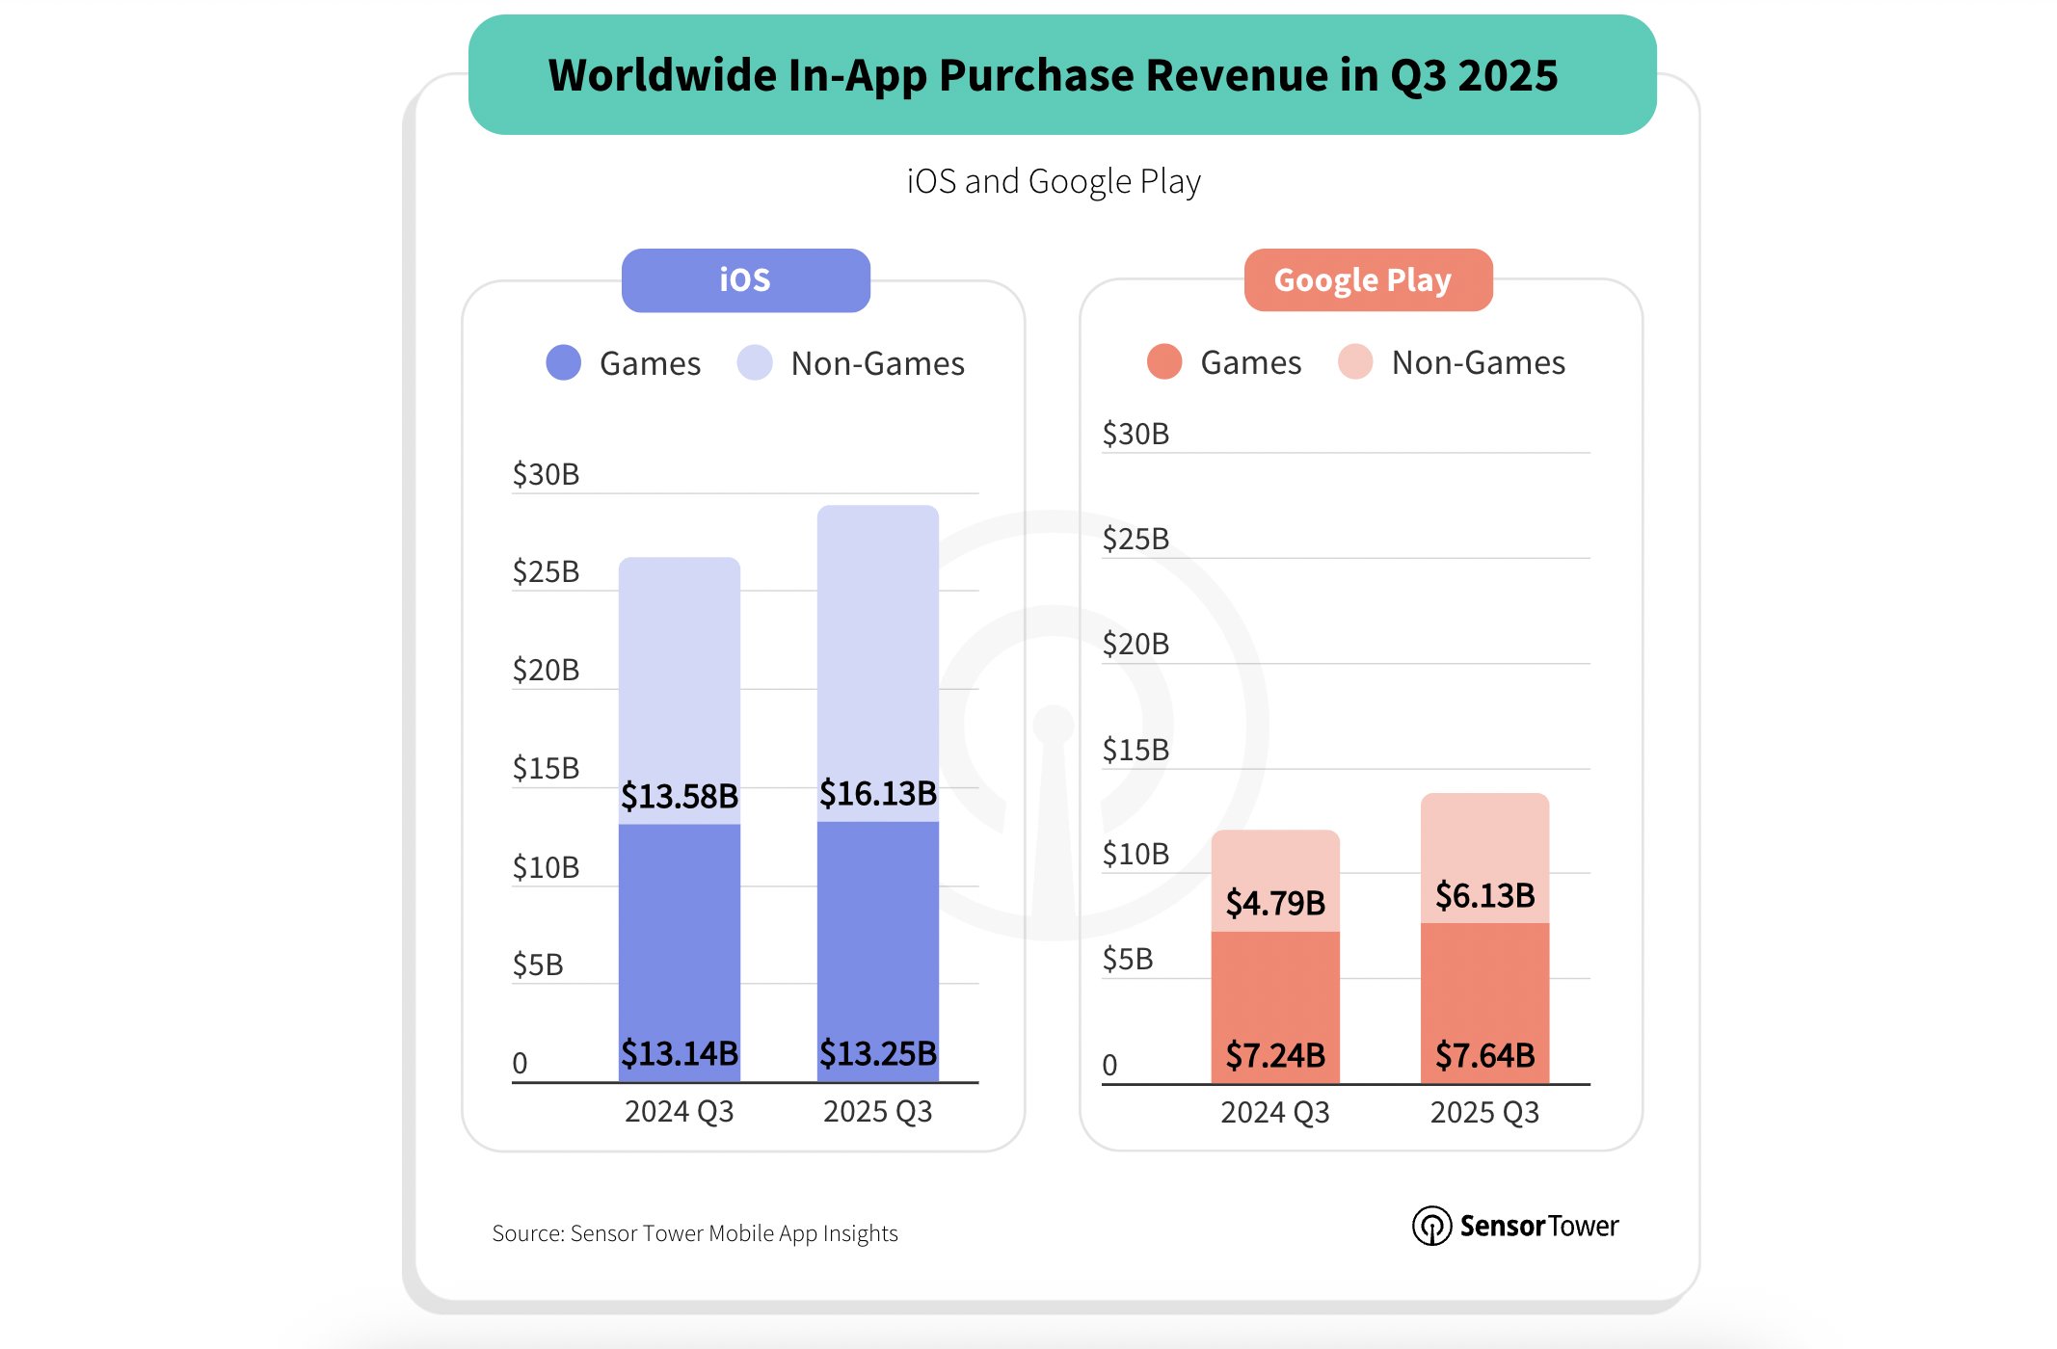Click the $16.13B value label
[x=877, y=793]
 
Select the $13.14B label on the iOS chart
[x=679, y=1052]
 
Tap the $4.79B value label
[x=1274, y=903]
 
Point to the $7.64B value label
[x=1484, y=1055]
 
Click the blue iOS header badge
[x=745, y=280]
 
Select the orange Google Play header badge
[x=1367, y=280]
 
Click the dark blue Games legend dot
[x=564, y=363]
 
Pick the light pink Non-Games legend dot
[x=1355, y=362]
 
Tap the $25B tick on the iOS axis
[x=546, y=571]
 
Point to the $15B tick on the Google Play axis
[x=1135, y=749]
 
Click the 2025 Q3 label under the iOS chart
[x=877, y=1111]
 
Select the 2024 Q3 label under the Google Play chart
[x=1274, y=1112]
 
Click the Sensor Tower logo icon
[x=1431, y=1226]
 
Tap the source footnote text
[x=694, y=1233]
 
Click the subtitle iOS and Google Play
[x=1053, y=181]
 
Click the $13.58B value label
[x=679, y=796]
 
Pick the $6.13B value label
[x=1484, y=895]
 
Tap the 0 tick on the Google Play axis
[x=1109, y=1065]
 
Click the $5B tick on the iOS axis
[x=537, y=964]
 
